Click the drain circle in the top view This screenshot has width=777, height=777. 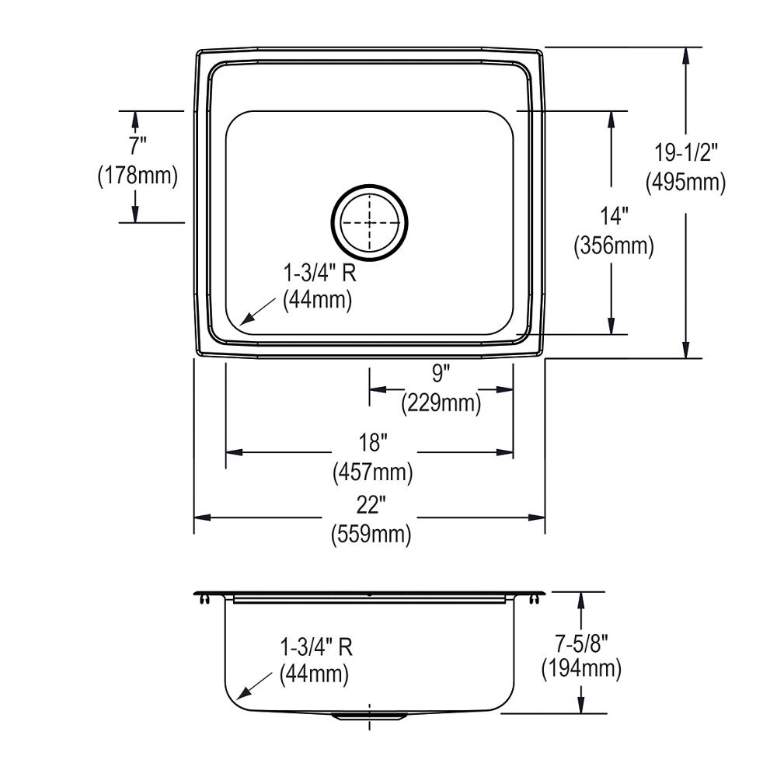370,222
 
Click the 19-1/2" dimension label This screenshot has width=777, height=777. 685,153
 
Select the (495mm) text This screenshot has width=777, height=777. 685,182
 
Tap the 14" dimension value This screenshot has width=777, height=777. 613,216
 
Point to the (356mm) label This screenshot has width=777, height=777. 613,246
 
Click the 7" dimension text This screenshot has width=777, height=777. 137,145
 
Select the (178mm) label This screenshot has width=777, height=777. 138,176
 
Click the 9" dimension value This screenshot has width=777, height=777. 441,375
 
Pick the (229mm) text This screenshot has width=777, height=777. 441,403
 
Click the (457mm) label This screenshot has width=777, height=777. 372,472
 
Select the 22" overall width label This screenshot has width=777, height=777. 371,505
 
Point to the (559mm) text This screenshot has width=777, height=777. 371,535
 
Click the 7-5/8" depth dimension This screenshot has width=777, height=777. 581,641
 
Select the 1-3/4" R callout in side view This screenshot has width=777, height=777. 314,646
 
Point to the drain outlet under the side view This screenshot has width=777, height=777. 368,716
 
